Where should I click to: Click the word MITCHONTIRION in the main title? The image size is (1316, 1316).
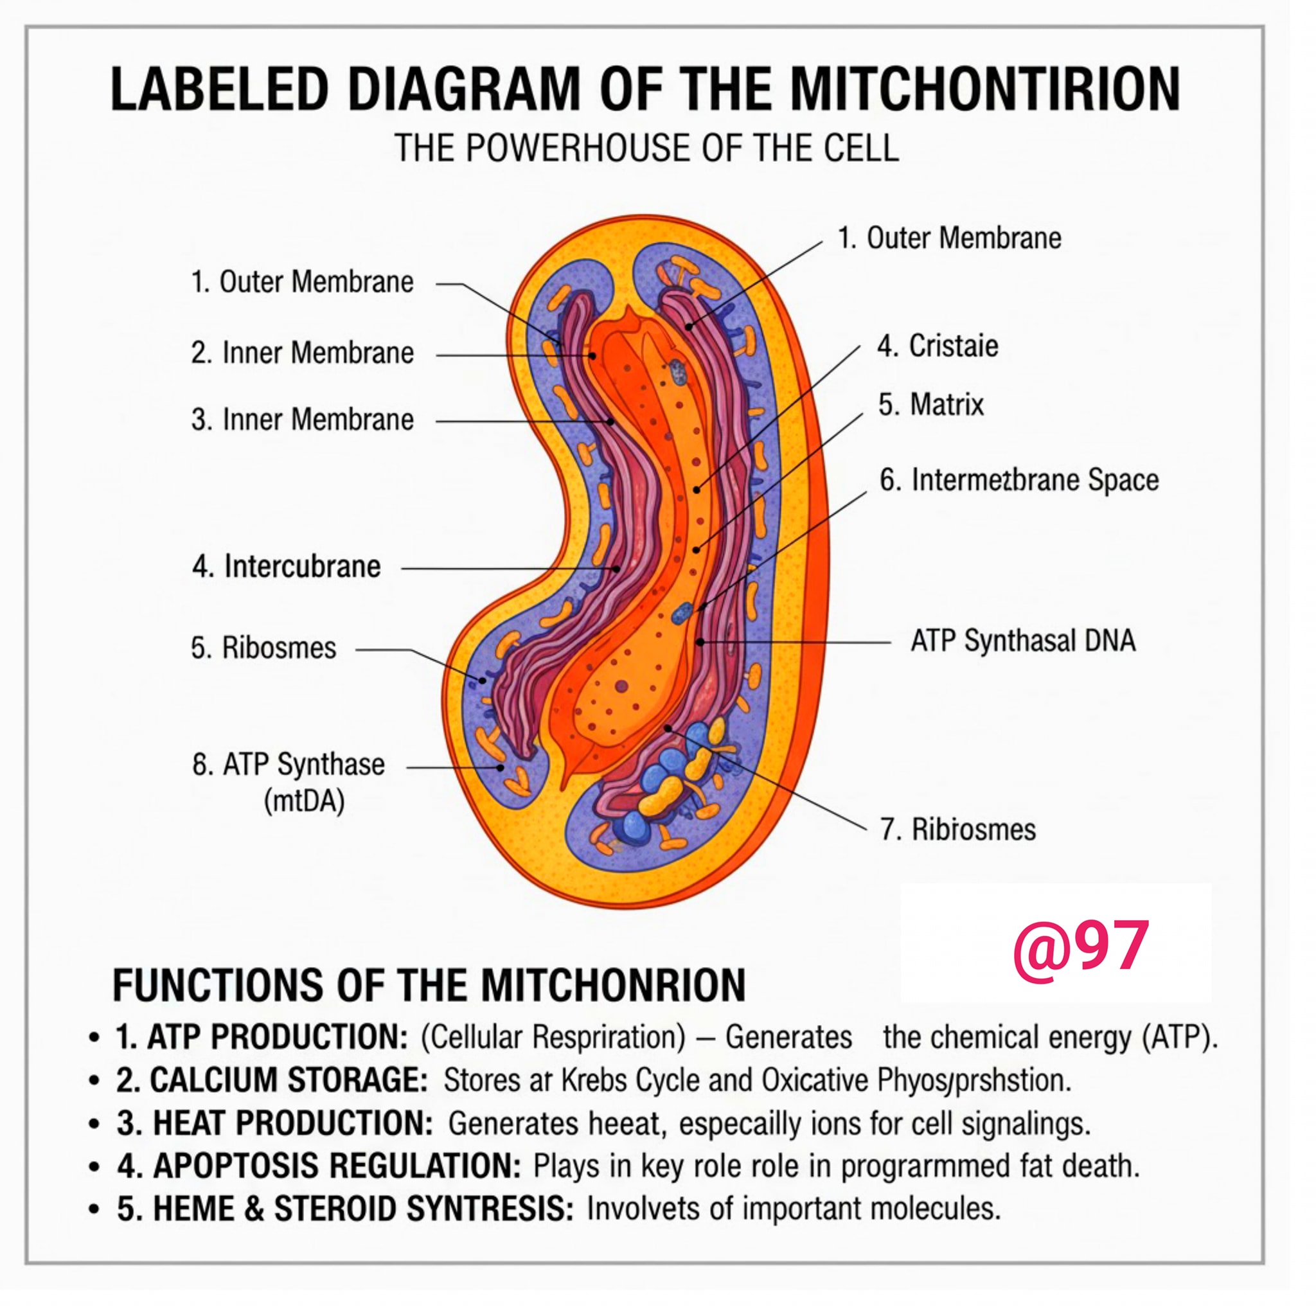[x=985, y=89]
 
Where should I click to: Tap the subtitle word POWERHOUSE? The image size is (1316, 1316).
[x=580, y=147]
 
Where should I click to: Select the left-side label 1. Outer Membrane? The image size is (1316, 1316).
[x=303, y=281]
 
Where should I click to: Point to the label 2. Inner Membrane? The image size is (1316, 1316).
[x=303, y=353]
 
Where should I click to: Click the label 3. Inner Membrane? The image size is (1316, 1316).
[x=303, y=419]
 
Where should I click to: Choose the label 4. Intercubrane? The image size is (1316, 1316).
[x=287, y=566]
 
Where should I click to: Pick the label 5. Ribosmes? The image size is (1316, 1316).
[x=263, y=647]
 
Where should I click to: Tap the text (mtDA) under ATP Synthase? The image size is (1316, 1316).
[x=304, y=801]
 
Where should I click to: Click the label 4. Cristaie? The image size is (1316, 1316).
[x=938, y=345]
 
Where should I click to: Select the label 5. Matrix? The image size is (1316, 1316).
[x=931, y=405]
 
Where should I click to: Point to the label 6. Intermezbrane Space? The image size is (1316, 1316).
[x=1019, y=479]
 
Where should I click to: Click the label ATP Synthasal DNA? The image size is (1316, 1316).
[x=1023, y=640]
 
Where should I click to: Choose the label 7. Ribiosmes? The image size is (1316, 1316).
[x=958, y=829]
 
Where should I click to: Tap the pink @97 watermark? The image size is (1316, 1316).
[x=1081, y=950]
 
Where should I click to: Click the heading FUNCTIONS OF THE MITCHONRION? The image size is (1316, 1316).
[x=429, y=985]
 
